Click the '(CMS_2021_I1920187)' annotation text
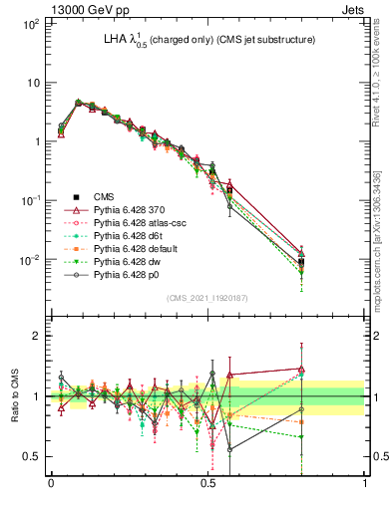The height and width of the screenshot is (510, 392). pos(207,298)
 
